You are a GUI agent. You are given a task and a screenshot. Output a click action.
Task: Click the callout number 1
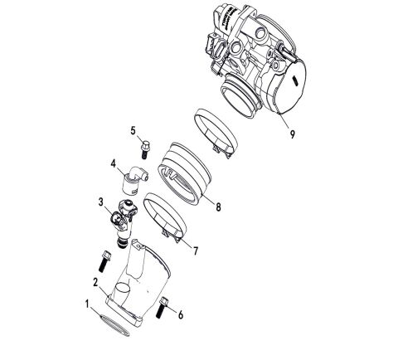tap(89, 304)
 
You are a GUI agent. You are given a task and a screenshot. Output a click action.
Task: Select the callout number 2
tap(96, 283)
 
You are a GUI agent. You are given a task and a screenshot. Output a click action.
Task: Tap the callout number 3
tap(101, 202)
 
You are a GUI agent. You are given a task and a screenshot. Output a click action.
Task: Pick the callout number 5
tap(133, 131)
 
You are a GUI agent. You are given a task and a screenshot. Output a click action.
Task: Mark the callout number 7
tap(195, 249)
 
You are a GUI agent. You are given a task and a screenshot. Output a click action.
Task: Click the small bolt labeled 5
tap(146, 150)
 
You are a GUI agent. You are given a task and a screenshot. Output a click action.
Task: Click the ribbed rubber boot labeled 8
tap(187, 170)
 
